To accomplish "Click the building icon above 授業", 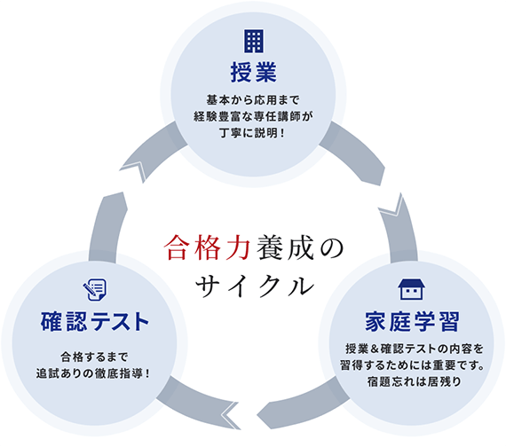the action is tap(254, 42).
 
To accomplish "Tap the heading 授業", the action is tap(254, 73).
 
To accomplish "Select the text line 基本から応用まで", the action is tap(253, 100).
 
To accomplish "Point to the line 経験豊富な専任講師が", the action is tap(253, 116).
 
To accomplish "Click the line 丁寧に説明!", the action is tap(253, 133).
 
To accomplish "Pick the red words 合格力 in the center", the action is tap(207, 247).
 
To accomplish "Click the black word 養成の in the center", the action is tap(300, 247).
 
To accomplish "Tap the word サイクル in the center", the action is tap(255, 286).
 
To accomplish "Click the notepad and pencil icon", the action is tap(95, 290).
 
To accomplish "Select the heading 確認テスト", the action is tap(95, 321).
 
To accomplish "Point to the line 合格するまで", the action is tap(95, 357).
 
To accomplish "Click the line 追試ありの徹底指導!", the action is tap(93, 373).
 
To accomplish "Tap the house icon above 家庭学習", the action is tap(411, 289).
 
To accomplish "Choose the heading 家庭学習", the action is tap(412, 321).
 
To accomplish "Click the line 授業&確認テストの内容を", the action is tap(415, 349).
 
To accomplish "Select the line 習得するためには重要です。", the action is tap(412, 365).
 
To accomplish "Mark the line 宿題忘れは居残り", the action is tap(415, 381).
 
